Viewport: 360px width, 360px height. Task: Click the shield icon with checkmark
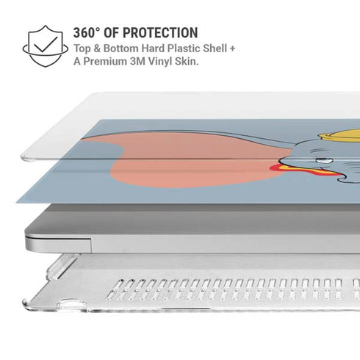click(46, 46)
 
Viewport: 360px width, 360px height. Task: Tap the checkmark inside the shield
click(46, 44)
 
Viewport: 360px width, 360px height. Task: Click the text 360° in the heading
click(87, 32)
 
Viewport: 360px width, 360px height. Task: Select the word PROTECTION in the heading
click(160, 32)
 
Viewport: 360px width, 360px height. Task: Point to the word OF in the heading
click(111, 32)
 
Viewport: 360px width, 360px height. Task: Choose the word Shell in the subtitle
click(216, 48)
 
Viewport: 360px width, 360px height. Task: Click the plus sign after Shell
click(232, 48)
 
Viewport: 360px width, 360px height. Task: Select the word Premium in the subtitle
click(105, 61)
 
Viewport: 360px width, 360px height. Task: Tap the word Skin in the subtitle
click(185, 61)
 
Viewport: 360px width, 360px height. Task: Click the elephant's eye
click(323, 161)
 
